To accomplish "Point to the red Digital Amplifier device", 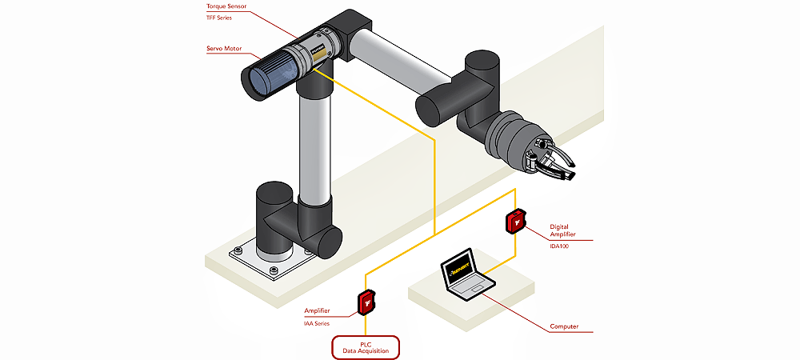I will (x=515, y=221).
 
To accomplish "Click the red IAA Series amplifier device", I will (x=366, y=302).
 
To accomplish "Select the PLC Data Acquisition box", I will (x=366, y=346).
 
